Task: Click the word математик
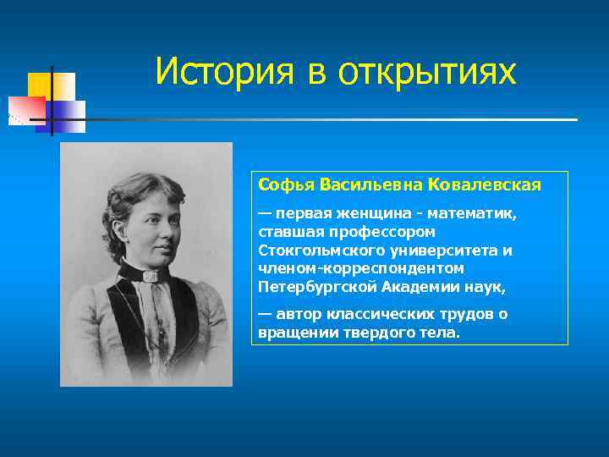point(480,213)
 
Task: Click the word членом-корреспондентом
point(361,268)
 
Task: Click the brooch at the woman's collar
point(151,275)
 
